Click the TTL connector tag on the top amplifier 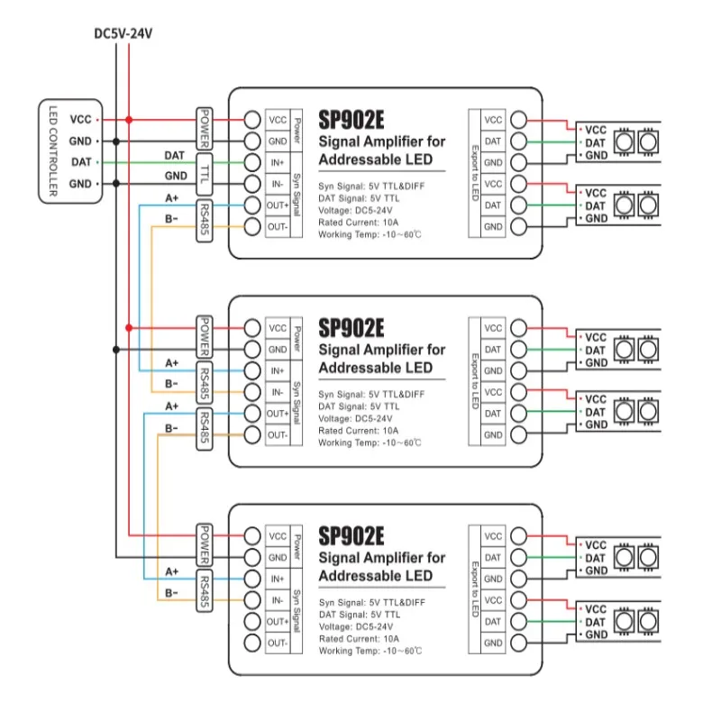[x=205, y=173]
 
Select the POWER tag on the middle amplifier [x=205, y=338]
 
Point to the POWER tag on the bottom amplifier [x=205, y=545]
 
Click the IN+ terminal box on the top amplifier [x=277, y=162]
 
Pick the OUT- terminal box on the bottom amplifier [x=277, y=643]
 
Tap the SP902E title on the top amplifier [x=352, y=118]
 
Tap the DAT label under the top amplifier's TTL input [x=175, y=155]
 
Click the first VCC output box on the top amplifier [x=493, y=119]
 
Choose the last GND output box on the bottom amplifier [x=493, y=643]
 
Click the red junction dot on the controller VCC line [x=130, y=119]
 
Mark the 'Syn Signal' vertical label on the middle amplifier [x=298, y=402]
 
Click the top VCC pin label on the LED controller [x=81, y=119]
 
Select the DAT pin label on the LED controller [x=81, y=162]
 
